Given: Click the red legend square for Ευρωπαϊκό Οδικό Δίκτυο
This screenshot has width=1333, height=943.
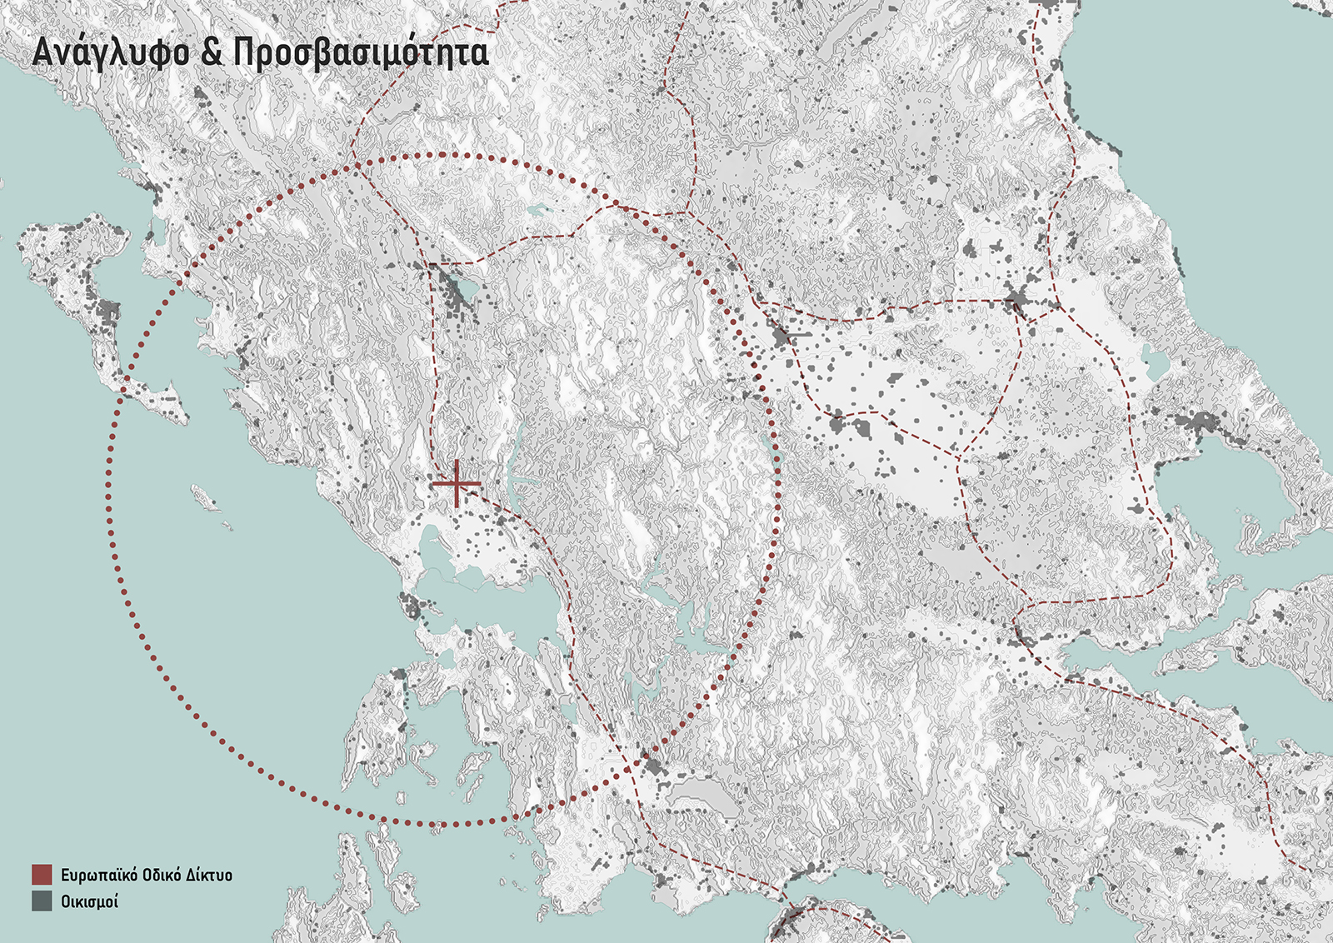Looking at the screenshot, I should click(x=42, y=875).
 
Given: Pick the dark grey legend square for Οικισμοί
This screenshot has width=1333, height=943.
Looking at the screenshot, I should click(x=42, y=901).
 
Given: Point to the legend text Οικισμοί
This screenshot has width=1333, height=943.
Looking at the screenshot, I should click(x=89, y=901).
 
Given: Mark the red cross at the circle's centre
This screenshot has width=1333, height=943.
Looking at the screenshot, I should click(x=457, y=483).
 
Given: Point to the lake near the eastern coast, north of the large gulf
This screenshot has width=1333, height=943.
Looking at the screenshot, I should click(x=1153, y=359).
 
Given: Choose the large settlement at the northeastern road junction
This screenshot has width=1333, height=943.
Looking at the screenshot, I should click(x=1015, y=302).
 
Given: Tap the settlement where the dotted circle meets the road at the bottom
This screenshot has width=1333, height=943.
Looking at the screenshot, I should click(x=652, y=766).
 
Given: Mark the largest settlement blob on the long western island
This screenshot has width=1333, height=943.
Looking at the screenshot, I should click(x=107, y=315).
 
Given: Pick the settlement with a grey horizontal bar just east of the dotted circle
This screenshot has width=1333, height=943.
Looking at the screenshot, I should click(x=783, y=337).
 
